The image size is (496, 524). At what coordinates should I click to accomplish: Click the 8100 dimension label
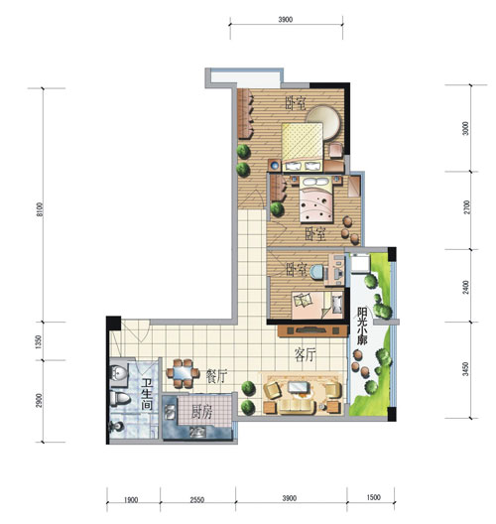(x=40, y=209)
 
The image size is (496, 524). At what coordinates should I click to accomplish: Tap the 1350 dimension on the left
(x=39, y=341)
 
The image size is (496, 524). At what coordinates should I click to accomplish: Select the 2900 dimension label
(x=39, y=400)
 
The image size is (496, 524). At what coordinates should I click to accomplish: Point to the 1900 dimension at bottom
(x=131, y=500)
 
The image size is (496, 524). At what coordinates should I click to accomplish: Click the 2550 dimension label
(x=196, y=500)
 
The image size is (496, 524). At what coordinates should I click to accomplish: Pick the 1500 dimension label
(x=373, y=497)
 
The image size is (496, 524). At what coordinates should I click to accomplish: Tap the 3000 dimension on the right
(x=466, y=128)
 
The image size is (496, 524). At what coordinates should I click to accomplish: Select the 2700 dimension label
(x=466, y=207)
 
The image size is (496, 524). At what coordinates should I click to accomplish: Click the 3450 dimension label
(x=465, y=369)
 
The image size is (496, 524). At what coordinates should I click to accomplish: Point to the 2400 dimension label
(x=466, y=288)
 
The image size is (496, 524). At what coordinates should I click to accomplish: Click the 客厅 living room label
(x=306, y=355)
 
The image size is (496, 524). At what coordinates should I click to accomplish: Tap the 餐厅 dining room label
(x=217, y=377)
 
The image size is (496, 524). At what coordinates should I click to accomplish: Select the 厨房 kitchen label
(x=201, y=414)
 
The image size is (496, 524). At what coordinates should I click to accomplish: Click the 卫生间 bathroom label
(x=147, y=394)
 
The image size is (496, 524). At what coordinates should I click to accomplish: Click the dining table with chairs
(x=183, y=373)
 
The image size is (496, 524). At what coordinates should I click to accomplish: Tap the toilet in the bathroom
(x=120, y=399)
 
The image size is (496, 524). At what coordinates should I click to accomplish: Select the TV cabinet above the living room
(x=311, y=330)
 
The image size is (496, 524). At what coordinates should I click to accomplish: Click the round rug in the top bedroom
(x=324, y=122)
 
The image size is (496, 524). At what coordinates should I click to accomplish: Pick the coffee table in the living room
(x=299, y=388)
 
